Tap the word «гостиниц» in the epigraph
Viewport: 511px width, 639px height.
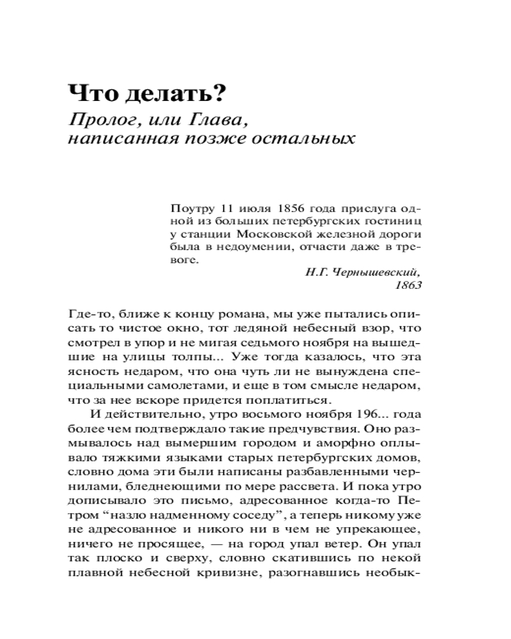pyautogui.click(x=395, y=221)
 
